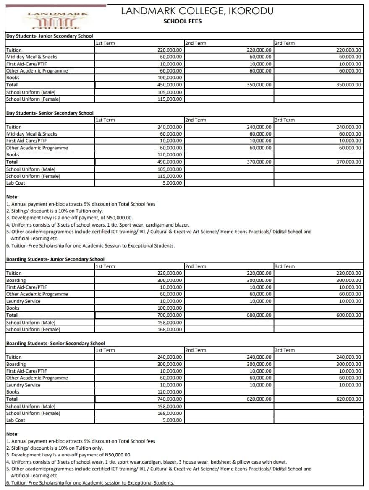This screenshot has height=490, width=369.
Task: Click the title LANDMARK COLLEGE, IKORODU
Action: pyautogui.click(x=197, y=11)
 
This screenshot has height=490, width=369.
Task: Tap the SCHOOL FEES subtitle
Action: pyautogui.click(x=182, y=21)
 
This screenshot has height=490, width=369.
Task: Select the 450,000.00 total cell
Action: pyautogui.click(x=170, y=85)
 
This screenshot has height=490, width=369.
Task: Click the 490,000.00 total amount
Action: pyautogui.click(x=170, y=162)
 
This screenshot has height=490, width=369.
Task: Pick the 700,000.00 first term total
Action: pyautogui.click(x=170, y=315)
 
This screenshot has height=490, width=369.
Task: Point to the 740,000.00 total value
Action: pyautogui.click(x=170, y=399)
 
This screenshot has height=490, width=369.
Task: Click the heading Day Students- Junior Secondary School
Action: pyautogui.click(x=50, y=36)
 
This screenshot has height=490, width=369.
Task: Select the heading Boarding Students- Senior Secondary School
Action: pyautogui.click(x=55, y=343)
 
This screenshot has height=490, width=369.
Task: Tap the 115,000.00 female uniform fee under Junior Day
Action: pyautogui.click(x=170, y=99)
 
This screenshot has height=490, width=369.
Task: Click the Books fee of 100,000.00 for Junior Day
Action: pyautogui.click(x=170, y=78)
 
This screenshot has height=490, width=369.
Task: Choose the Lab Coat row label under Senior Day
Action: pyautogui.click(x=16, y=183)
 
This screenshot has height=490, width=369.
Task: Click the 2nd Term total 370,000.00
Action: pyautogui.click(x=259, y=162)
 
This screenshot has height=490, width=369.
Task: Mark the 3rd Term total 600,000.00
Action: pyautogui.click(x=348, y=315)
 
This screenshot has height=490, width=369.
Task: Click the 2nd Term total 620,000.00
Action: pyautogui.click(x=259, y=399)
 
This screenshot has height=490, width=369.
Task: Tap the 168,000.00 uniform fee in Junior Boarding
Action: pyautogui.click(x=170, y=329)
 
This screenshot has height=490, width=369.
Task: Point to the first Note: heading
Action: pyautogui.click(x=13, y=197)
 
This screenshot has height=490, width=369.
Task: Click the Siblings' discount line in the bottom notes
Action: pyautogui.click(x=55, y=448)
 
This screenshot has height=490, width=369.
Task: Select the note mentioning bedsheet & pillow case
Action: pyautogui.click(x=147, y=462)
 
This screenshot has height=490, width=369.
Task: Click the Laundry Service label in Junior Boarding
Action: pyautogui.click(x=24, y=301)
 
